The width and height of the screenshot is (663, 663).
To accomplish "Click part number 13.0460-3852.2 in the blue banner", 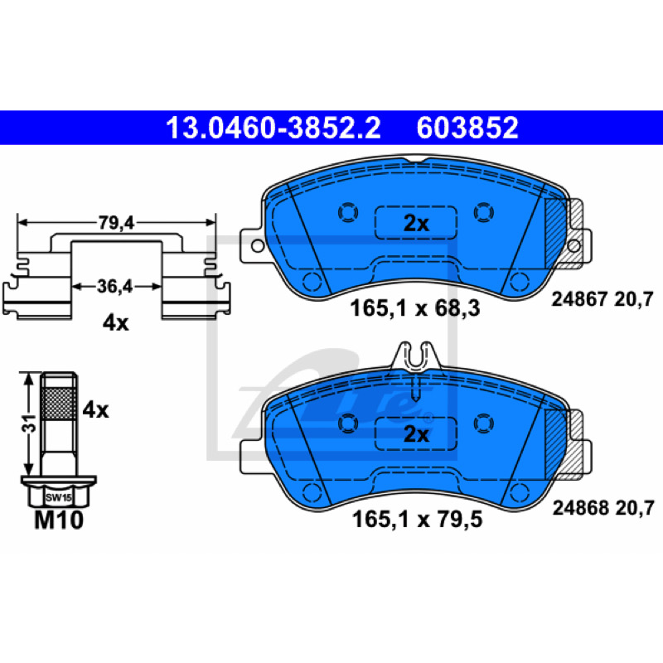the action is click(273, 128).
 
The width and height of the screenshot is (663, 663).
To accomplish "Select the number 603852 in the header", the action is click(467, 128).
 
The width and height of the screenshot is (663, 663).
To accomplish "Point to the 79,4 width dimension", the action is click(116, 223).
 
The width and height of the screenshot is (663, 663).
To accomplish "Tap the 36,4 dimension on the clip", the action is click(114, 287).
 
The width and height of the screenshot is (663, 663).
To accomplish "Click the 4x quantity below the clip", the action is click(115, 323).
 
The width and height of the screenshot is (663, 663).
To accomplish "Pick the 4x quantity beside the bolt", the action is click(95, 410).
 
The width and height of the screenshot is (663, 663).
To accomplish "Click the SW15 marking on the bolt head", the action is click(58, 498).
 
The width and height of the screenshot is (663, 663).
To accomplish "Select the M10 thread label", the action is click(59, 520).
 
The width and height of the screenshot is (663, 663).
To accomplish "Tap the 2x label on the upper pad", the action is click(416, 223).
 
